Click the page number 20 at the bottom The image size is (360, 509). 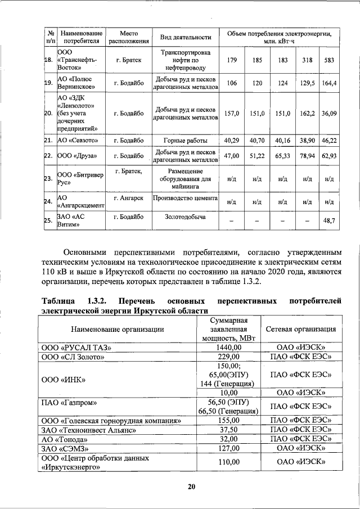(191, 487)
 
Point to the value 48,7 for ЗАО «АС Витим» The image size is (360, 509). (328, 221)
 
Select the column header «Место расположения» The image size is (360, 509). (128, 37)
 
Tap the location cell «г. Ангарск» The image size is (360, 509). (128, 198)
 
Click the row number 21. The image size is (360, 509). (48, 140)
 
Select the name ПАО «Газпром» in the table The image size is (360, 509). (69, 402)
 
